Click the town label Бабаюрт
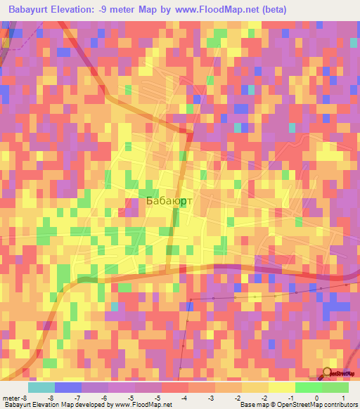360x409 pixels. pyautogui.click(x=169, y=201)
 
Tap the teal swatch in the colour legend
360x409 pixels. pyautogui.click(x=41, y=387)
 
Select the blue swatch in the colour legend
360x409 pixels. pyautogui.click(x=67, y=387)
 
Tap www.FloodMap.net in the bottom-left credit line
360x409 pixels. pyautogui.click(x=137, y=405)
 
